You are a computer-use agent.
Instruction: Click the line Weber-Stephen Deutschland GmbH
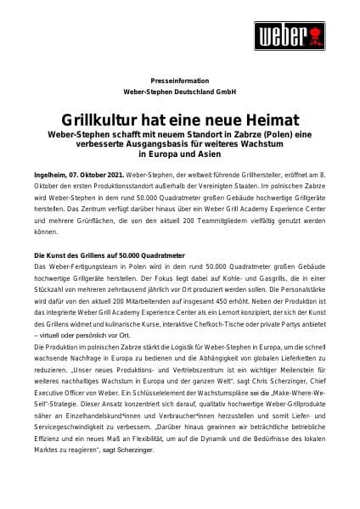tap(180, 89)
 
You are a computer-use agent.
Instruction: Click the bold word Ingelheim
tap(50, 172)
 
